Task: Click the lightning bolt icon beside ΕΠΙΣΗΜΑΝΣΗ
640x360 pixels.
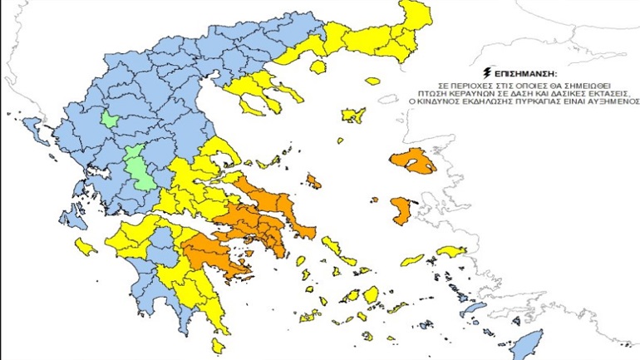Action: pyautogui.click(x=485, y=73)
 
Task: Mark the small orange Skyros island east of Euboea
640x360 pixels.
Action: pyautogui.click(x=313, y=180)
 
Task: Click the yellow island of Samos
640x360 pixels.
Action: pyautogui.click(x=452, y=251)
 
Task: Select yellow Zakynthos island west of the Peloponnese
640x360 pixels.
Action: pyautogui.click(x=84, y=246)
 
